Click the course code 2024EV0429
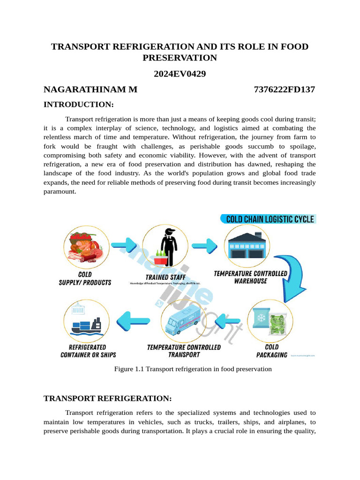tap(180, 74)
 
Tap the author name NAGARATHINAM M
tap(90, 90)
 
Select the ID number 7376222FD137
tap(285, 90)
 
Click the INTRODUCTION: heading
tap(79, 104)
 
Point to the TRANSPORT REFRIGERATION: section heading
tap(108, 398)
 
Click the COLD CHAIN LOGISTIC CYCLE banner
tap(268, 219)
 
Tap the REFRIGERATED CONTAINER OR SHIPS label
tap(88, 351)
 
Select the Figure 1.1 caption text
tap(193, 369)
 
